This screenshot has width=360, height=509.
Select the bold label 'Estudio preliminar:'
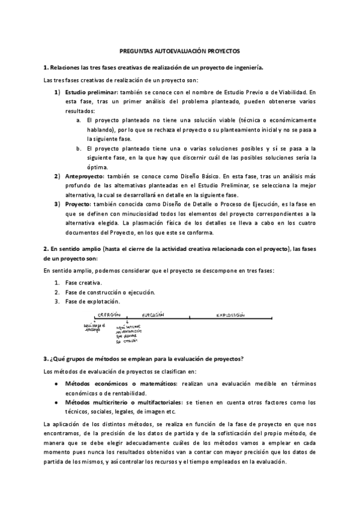(92, 93)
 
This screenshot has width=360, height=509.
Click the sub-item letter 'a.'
(79, 120)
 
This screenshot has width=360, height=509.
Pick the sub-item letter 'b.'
(79, 148)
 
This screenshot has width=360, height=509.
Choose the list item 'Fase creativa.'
(83, 283)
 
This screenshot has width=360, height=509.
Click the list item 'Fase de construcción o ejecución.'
(110, 292)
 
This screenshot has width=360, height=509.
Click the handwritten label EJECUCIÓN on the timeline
(153, 314)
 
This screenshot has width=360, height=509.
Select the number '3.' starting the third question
(46, 358)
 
